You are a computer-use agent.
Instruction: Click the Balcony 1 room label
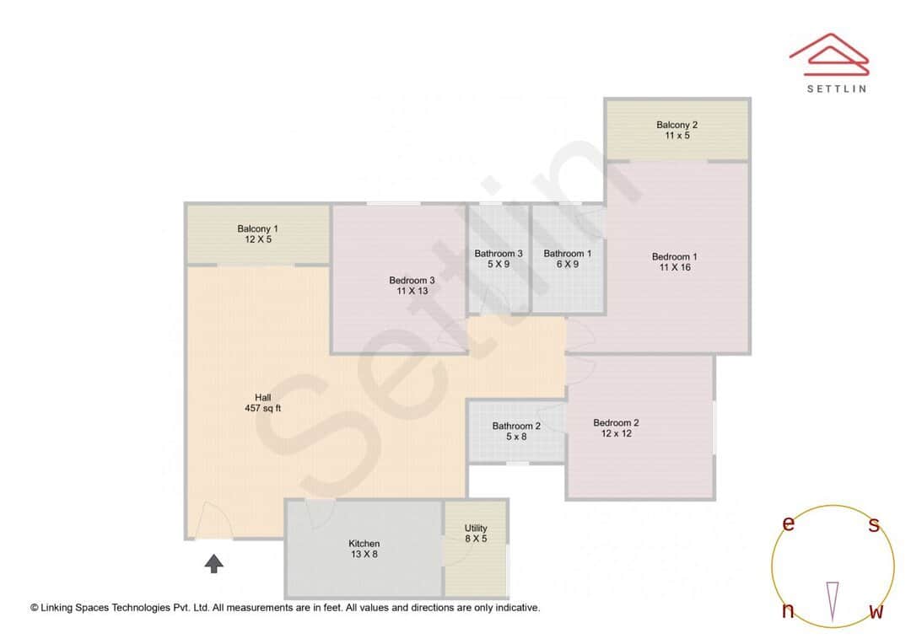coord(257,228)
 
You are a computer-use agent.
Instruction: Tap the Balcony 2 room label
coord(677,125)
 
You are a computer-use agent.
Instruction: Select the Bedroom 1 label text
coord(674,256)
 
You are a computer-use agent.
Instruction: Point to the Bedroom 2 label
coord(616,423)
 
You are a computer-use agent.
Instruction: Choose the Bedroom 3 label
coord(412,281)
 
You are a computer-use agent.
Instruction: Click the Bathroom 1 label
coord(567,254)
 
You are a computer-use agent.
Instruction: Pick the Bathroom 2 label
coord(516,427)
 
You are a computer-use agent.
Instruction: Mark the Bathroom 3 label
coord(498,254)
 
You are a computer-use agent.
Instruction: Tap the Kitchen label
coord(364,544)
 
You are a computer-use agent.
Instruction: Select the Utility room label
coord(476,529)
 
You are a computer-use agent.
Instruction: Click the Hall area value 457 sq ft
coord(262,409)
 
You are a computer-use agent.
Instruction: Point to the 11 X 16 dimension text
coord(674,267)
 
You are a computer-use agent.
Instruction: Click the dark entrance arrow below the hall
coord(214,563)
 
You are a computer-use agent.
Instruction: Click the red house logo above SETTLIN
coord(828,51)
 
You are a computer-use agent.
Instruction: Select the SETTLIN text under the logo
coord(836,88)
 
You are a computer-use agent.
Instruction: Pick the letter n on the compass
coord(788,611)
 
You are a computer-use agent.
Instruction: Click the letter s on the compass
coord(874,525)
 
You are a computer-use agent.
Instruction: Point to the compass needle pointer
coord(833,600)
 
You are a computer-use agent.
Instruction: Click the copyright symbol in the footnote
coord(35,607)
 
